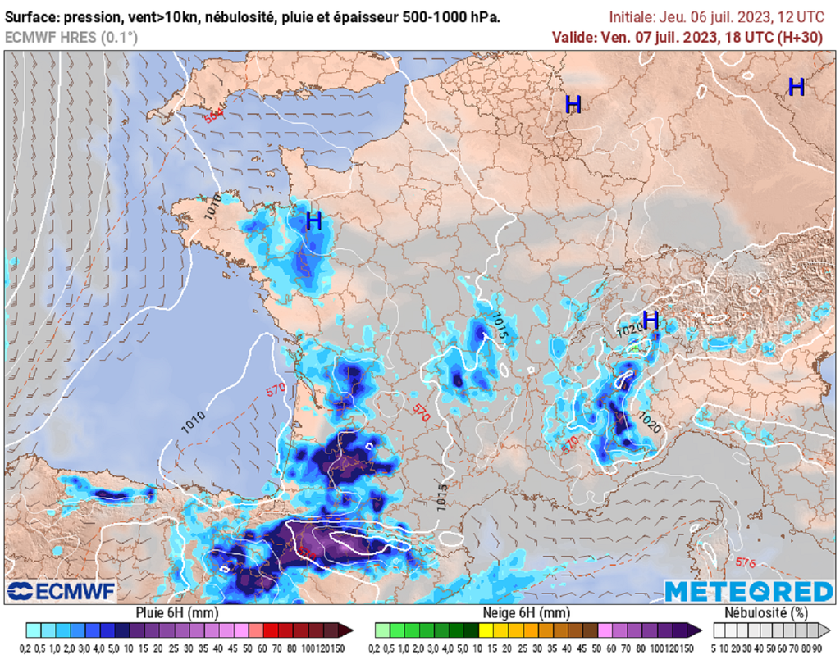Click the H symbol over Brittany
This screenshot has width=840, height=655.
313,220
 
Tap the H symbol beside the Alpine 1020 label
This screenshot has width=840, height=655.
651,320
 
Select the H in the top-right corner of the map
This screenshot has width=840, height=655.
796,87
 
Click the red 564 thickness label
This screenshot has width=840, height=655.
214,116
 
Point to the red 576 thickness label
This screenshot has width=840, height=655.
744,562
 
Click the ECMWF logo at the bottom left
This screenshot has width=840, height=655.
62,591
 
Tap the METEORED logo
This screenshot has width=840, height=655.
748,591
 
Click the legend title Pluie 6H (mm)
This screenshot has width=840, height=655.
173,612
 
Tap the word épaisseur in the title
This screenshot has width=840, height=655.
374,17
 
